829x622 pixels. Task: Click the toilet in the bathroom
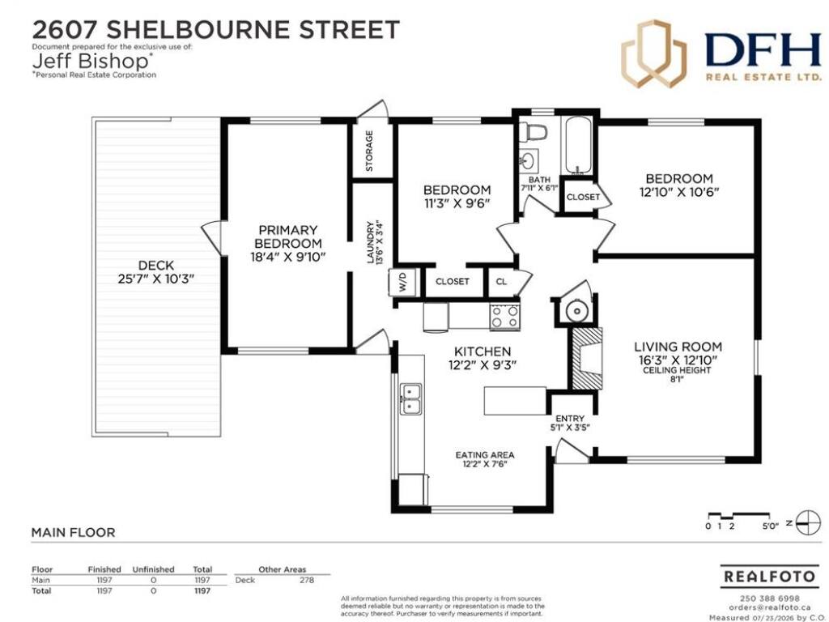(532, 133)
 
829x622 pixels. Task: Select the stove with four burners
(504, 317)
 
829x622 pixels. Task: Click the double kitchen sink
(410, 398)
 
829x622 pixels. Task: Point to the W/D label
(403, 282)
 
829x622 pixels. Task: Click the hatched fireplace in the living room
(585, 359)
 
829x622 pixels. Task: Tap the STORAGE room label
(369, 151)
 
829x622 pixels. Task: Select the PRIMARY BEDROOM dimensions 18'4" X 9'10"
(288, 257)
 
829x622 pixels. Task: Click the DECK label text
(156, 265)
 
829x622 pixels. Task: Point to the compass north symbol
(806, 524)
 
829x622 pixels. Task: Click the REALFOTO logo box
(768, 576)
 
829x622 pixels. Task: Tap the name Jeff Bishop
(91, 61)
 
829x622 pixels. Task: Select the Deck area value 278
(307, 580)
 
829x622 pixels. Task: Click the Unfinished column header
(153, 569)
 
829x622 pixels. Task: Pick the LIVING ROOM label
(678, 347)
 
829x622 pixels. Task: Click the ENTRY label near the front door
(570, 419)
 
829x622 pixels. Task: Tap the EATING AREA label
(485, 455)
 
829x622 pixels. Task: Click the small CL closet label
(501, 282)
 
